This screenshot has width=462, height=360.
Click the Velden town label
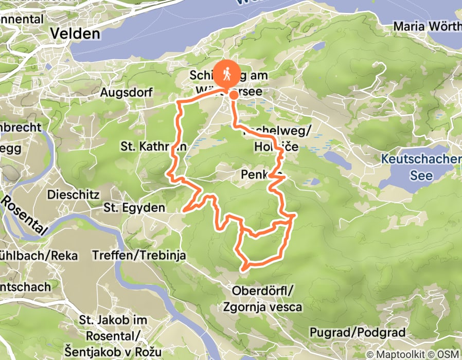(x=75, y=33)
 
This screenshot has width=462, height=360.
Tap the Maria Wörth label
(x=427, y=26)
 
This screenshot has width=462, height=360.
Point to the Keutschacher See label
(x=421, y=167)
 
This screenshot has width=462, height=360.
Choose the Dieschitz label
(x=69, y=195)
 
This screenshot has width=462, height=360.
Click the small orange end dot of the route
(x=234, y=95)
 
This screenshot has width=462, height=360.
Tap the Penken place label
(x=254, y=176)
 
